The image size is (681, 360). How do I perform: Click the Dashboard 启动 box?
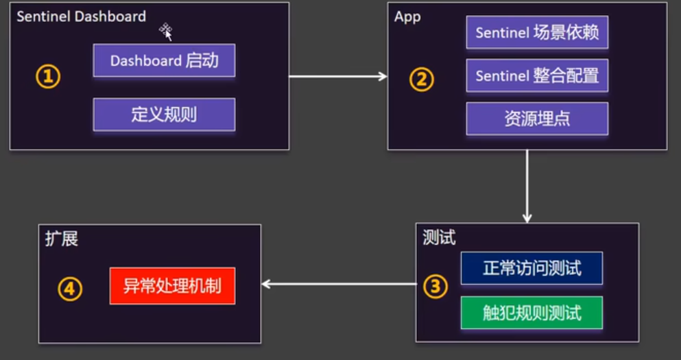tap(164, 60)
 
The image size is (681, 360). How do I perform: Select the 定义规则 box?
tap(164, 114)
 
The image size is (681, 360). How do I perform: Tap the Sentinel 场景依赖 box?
tap(537, 33)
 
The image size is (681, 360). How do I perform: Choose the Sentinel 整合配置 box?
tap(537, 75)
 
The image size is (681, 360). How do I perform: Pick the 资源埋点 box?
tap(537, 119)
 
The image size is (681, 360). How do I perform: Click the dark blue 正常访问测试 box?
tap(531, 268)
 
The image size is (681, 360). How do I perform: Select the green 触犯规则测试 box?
tap(531, 313)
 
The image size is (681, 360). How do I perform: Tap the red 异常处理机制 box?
tap(172, 286)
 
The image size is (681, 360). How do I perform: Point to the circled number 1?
tap(48, 77)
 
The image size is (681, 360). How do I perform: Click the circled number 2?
tap(422, 80)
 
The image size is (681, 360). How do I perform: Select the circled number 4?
tap(69, 289)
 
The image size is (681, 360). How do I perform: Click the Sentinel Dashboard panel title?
tap(81, 16)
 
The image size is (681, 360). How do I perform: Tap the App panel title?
tap(407, 16)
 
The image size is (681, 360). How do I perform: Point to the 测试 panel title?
tap(439, 238)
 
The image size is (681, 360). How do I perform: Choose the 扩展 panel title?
tap(62, 239)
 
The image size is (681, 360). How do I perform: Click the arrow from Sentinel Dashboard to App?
tap(338, 76)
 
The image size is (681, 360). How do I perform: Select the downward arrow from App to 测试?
tap(527, 185)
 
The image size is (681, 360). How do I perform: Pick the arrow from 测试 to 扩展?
tap(339, 284)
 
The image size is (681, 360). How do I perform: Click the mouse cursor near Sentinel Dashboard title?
tap(166, 31)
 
